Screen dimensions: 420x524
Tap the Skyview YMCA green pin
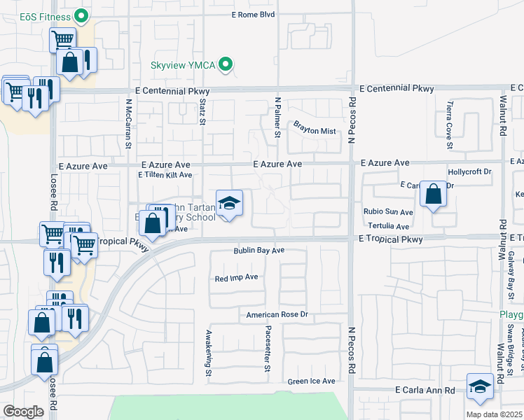point(226,65)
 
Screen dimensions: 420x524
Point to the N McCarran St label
point(129,124)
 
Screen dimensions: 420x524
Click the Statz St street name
point(202,113)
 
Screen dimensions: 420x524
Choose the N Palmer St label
point(277,118)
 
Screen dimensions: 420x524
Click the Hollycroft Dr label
point(470,171)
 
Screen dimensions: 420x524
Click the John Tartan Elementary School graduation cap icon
point(229,204)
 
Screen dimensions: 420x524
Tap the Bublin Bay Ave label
point(258,251)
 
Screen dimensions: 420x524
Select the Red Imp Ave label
point(237,277)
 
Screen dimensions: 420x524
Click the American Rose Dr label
point(277,315)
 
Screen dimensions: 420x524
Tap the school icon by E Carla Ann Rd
point(480,386)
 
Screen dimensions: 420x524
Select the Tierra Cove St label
point(449,126)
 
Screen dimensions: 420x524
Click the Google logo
point(23,412)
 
